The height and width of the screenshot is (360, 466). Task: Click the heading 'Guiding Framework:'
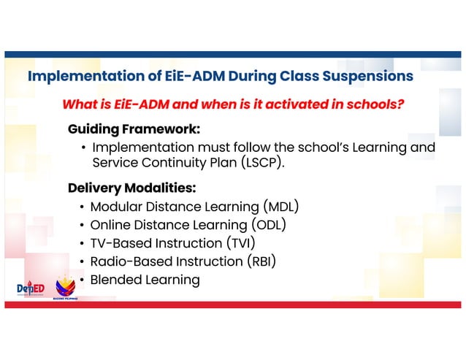click(x=134, y=129)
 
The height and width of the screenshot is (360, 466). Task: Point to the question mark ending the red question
click(x=400, y=104)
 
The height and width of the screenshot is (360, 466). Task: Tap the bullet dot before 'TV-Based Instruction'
click(x=83, y=244)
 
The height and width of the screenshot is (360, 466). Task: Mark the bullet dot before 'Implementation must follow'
click(x=83, y=148)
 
